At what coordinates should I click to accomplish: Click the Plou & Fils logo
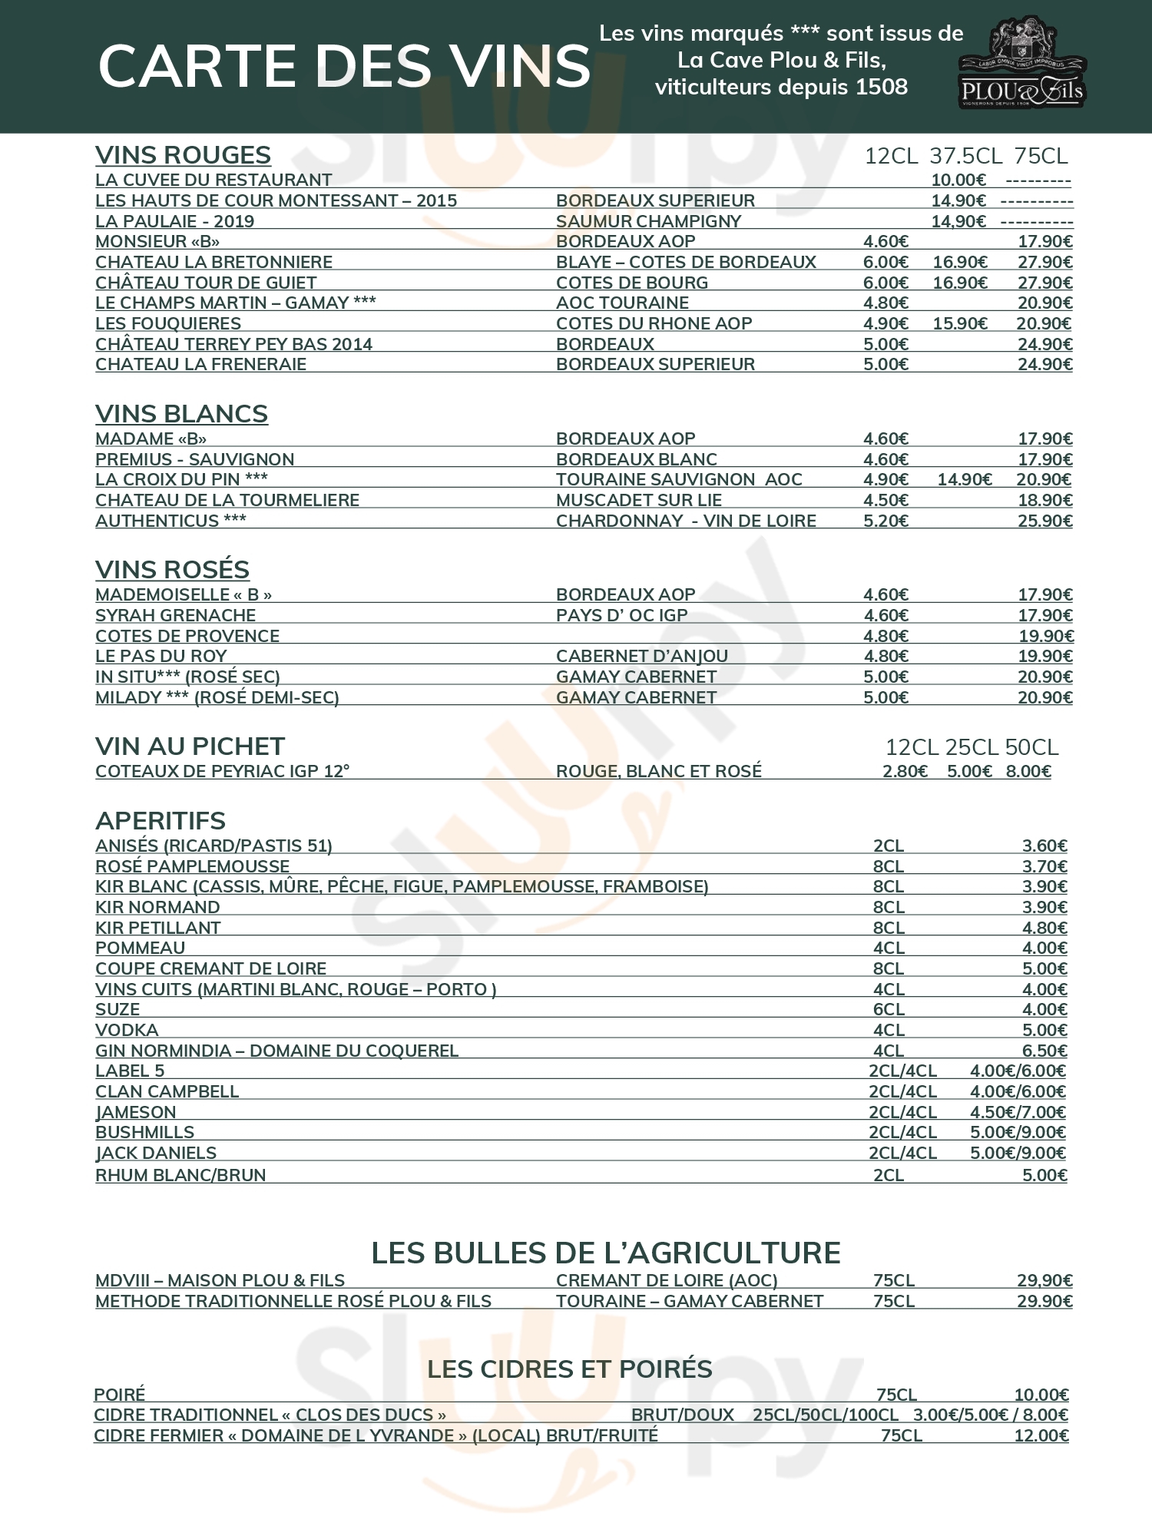(1021, 63)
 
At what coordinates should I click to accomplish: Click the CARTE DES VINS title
(344, 66)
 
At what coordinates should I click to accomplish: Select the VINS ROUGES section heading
(183, 155)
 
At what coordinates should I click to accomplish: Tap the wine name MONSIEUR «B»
(157, 241)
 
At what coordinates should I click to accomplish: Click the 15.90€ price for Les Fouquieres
(960, 323)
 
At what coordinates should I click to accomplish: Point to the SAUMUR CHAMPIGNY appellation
(648, 221)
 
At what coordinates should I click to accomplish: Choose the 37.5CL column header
(965, 156)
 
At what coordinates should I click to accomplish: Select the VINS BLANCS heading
(181, 414)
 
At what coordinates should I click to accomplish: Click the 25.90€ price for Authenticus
(1044, 521)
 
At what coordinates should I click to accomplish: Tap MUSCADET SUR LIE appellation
(638, 500)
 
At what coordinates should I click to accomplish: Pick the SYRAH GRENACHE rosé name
(175, 615)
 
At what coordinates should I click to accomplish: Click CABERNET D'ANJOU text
(641, 656)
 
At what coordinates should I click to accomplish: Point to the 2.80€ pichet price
(905, 771)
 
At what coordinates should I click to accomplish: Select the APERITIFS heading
(161, 821)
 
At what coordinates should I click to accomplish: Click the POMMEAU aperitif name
(140, 948)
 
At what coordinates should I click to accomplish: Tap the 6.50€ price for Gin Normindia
(1044, 1051)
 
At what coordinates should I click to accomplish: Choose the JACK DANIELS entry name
(156, 1153)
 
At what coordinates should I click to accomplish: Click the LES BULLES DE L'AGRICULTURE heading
(605, 1253)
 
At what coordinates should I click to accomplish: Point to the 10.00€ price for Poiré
(1041, 1395)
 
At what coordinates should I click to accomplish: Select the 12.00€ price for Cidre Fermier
(1041, 1435)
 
